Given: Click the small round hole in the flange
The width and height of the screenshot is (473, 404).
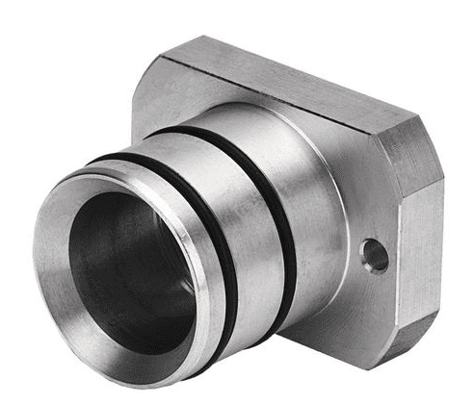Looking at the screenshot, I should (x=374, y=255).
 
